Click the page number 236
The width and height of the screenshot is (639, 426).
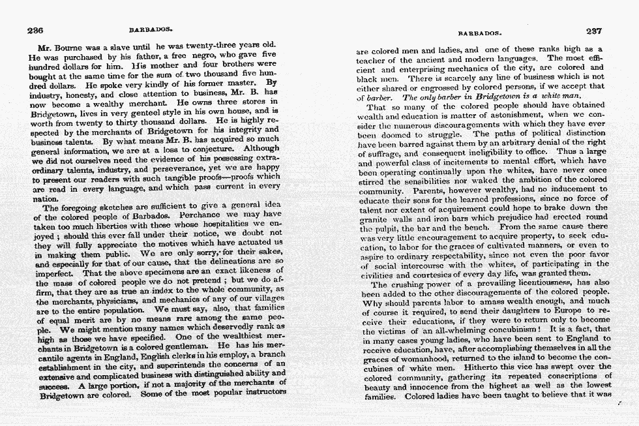pyautogui.click(x=35, y=31)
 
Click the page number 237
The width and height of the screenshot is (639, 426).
pyautogui.click(x=594, y=31)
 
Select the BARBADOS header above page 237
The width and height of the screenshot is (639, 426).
pyautogui.click(x=479, y=32)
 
